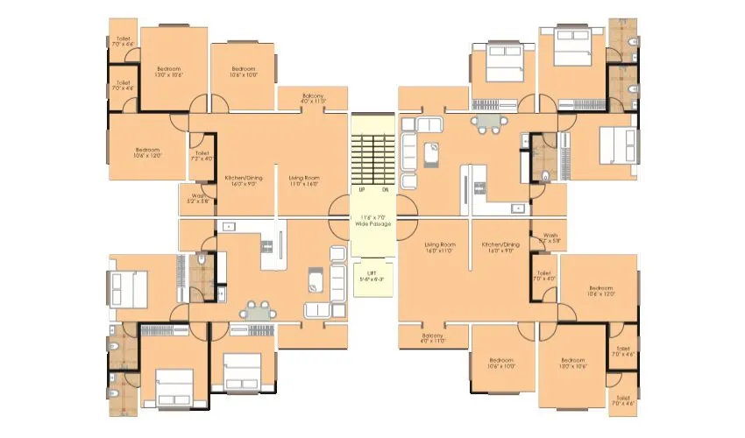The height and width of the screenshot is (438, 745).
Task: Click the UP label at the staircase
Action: click(361, 189)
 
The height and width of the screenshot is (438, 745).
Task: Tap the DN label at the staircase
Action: click(385, 189)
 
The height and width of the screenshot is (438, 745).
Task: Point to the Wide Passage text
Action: click(372, 224)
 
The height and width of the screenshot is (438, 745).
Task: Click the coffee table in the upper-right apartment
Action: click(430, 154)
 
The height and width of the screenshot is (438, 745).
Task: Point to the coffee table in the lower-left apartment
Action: click(315, 280)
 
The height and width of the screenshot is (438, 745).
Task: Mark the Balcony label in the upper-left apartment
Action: click(314, 98)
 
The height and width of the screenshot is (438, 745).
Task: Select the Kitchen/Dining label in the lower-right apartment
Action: click(501, 248)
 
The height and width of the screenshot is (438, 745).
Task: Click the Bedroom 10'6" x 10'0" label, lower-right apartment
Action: click(500, 363)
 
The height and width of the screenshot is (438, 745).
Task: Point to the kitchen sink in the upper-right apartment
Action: click(518, 208)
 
